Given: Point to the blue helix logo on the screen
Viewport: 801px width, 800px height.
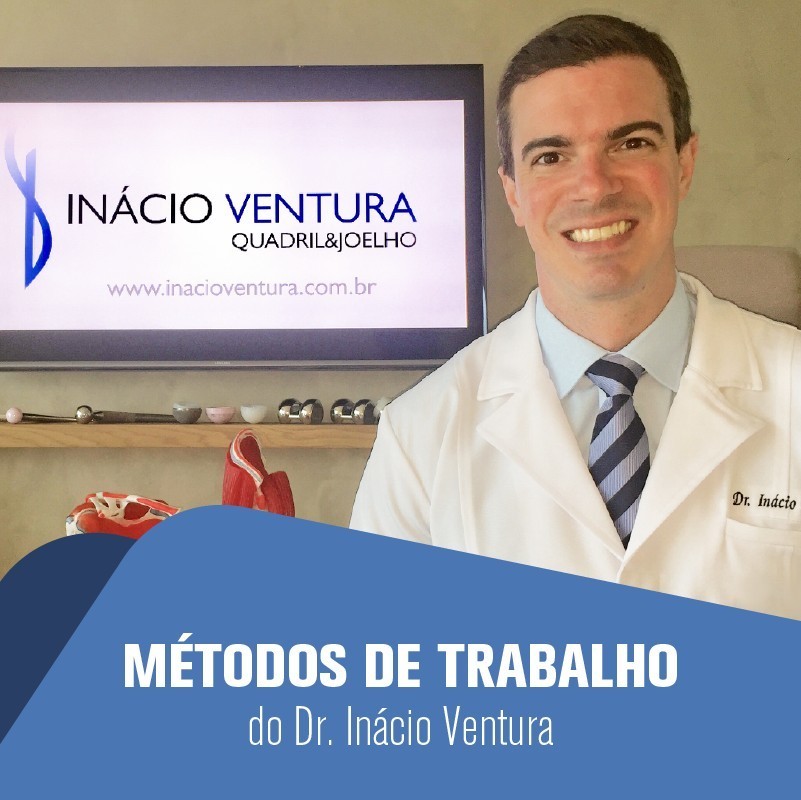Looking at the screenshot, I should (34, 205).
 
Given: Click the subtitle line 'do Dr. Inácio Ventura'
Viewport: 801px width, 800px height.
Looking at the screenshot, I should (400, 727).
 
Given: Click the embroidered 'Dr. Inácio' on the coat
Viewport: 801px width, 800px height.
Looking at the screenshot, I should (763, 501).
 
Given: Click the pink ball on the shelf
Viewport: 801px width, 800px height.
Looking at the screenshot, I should (13, 415).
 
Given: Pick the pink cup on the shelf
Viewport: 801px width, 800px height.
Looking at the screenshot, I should (220, 413).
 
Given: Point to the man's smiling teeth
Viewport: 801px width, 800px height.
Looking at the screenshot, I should (600, 232).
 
